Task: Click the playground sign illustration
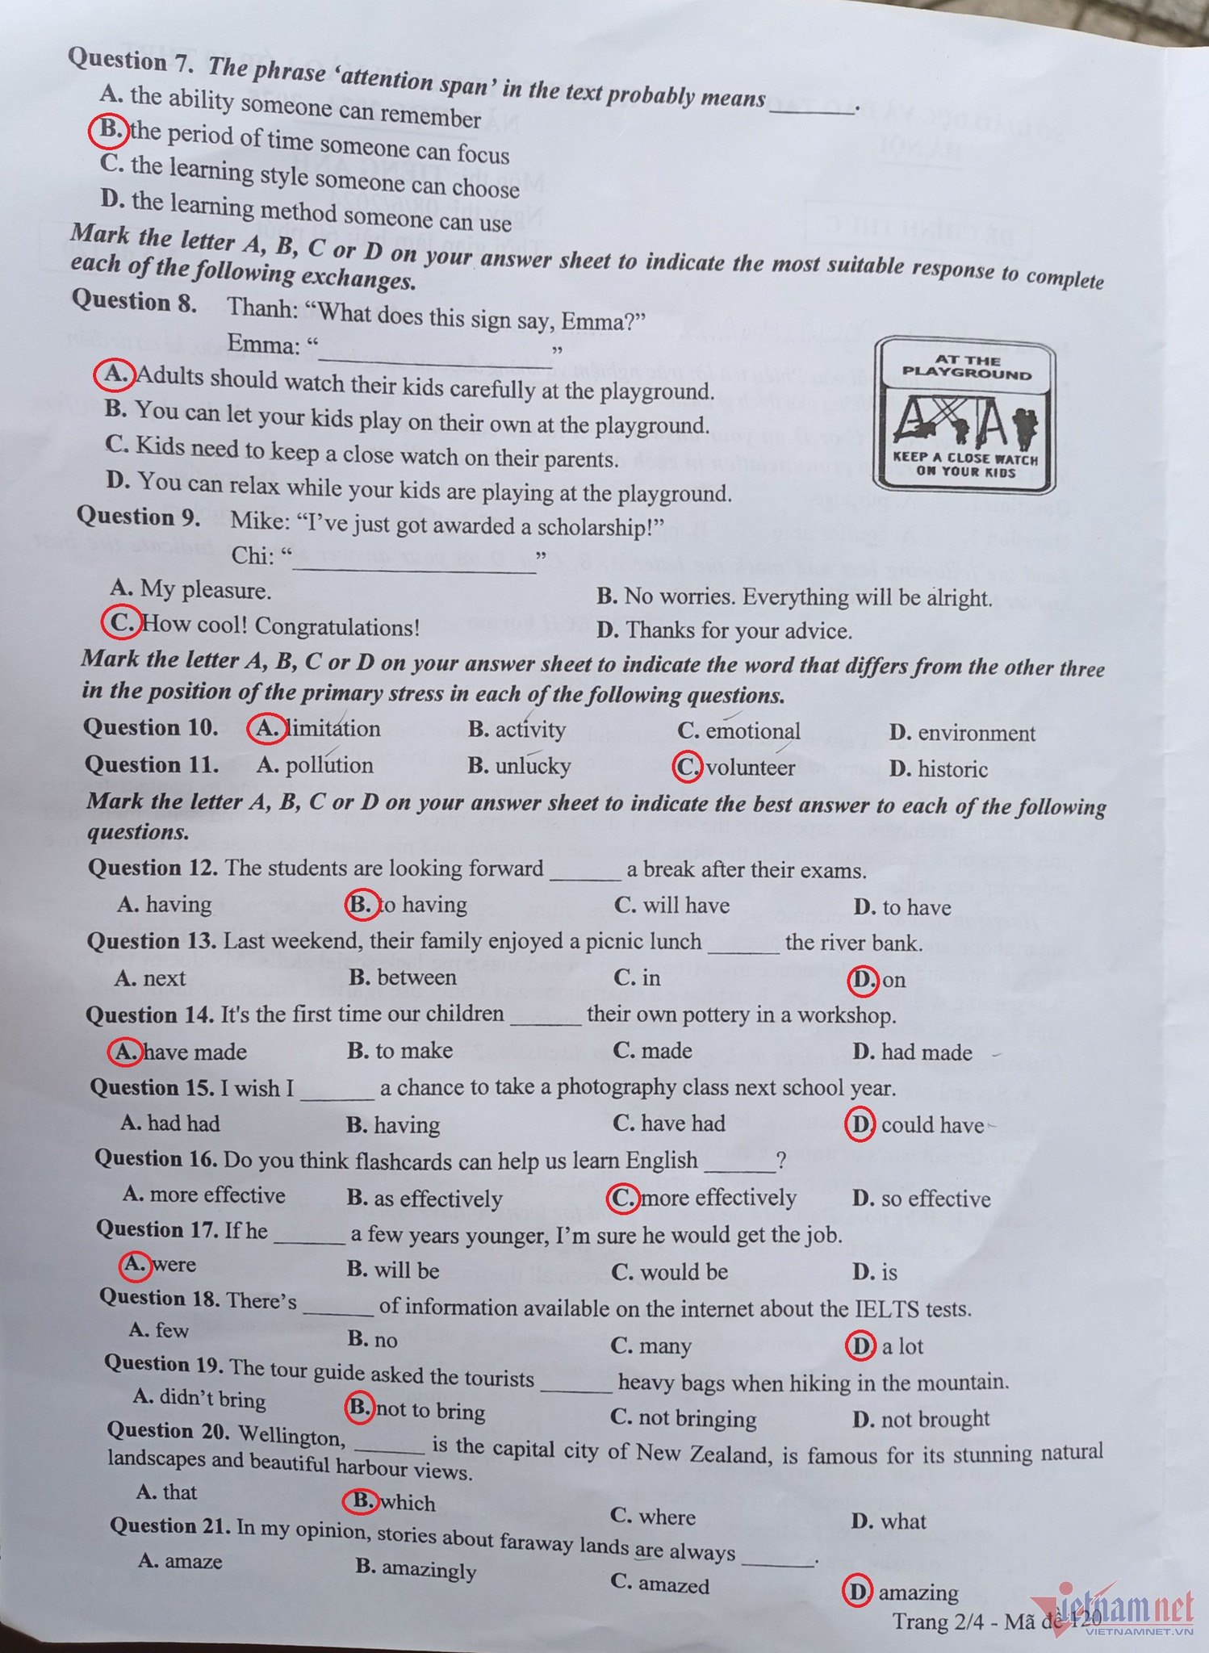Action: [x=964, y=415]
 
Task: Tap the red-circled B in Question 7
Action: [x=108, y=130]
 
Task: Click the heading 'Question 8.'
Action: [x=134, y=300]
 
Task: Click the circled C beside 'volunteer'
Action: [x=688, y=767]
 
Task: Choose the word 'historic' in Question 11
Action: [x=953, y=769]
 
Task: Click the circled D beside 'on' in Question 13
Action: [x=862, y=980]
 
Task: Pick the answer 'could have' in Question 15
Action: [x=932, y=1125]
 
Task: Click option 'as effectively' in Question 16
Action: [x=437, y=1199]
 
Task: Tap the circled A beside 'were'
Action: [x=135, y=1264]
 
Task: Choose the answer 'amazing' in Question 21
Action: [x=918, y=1592]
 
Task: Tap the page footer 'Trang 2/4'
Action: [x=942, y=1622]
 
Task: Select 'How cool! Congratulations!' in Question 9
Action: [x=280, y=626]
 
